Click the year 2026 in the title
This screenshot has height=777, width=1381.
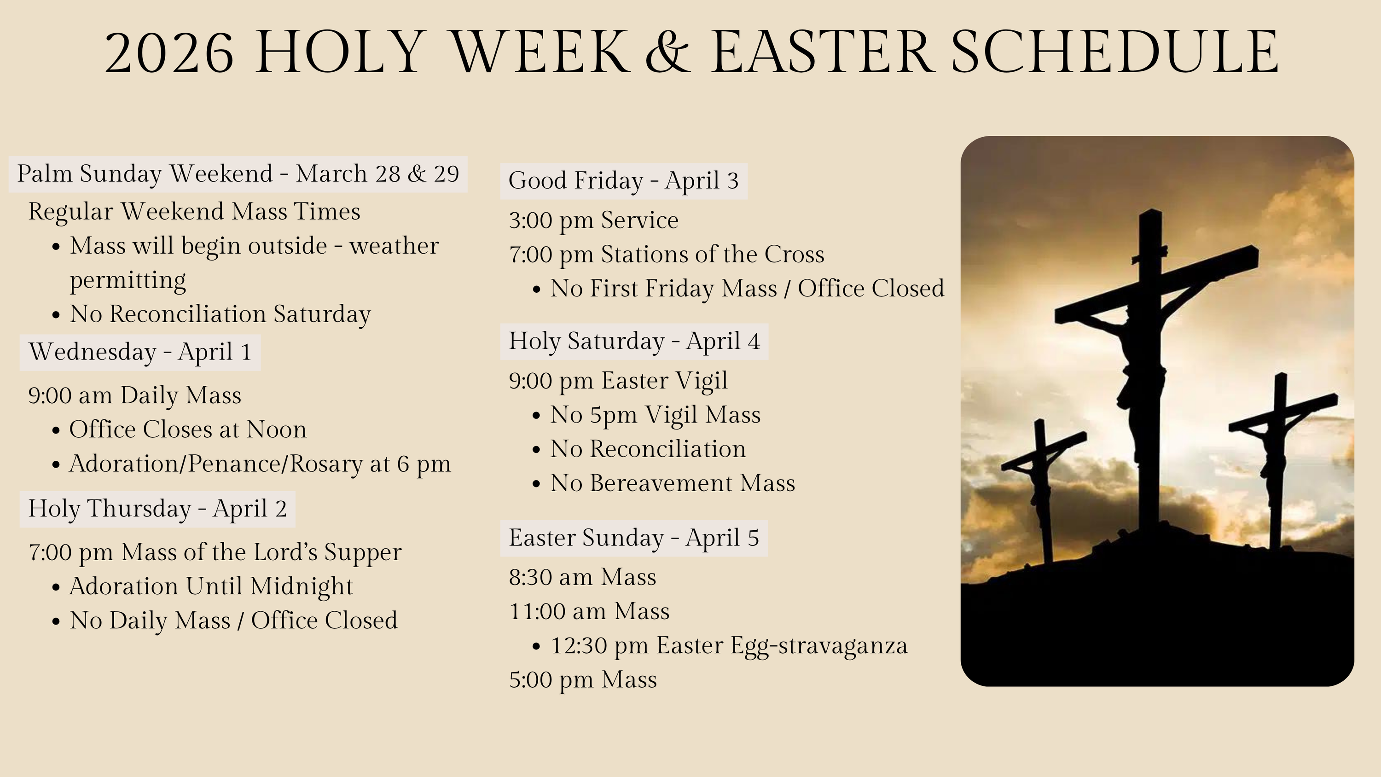pos(169,52)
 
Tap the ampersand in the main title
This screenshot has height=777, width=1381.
pos(668,52)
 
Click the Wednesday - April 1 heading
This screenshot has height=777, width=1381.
pos(140,352)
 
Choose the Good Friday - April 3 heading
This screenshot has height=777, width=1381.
pos(623,181)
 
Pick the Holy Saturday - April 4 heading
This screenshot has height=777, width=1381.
pos(634,341)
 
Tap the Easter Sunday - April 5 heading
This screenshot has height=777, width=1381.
pos(634,538)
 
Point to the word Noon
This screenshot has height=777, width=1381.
pos(277,429)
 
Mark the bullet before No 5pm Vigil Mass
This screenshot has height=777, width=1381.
pos(537,416)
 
